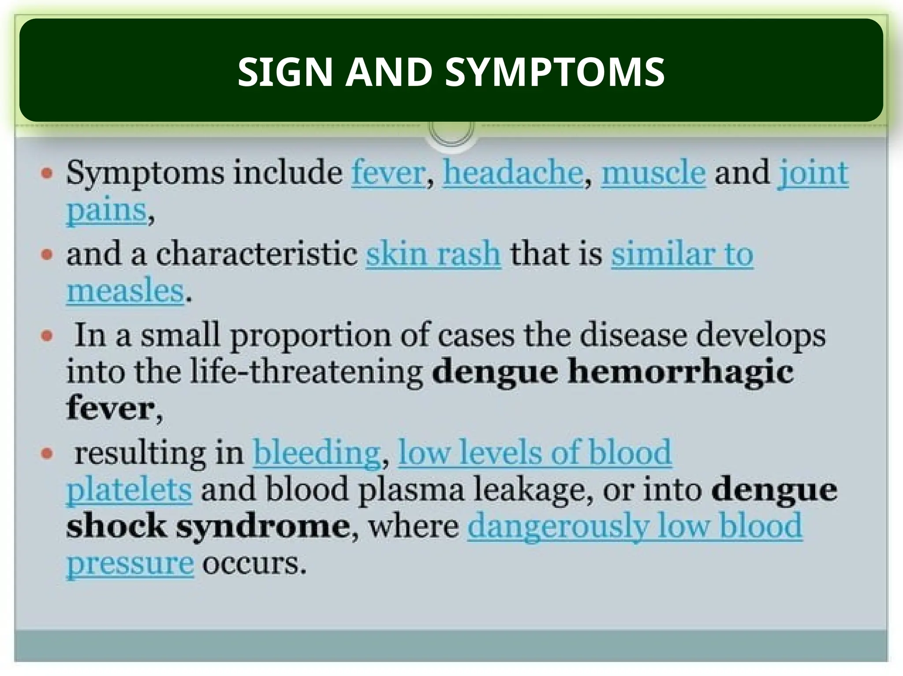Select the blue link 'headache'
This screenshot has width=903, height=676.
(x=513, y=172)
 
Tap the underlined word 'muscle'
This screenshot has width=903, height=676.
(x=653, y=172)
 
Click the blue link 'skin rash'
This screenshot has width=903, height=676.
(x=433, y=254)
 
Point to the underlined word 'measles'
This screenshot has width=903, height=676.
(x=125, y=291)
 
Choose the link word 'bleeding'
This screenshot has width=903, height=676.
(x=317, y=453)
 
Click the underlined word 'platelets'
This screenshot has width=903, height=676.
(x=129, y=490)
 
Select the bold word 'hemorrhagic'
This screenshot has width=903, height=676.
(x=680, y=371)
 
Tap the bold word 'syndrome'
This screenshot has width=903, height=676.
(x=263, y=526)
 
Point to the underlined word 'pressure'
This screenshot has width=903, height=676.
(x=130, y=563)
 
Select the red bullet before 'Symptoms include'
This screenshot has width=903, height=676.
(x=47, y=173)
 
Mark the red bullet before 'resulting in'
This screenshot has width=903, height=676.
(x=47, y=453)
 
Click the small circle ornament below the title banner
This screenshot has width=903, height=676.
(x=451, y=132)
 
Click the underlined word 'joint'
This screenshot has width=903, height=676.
(x=813, y=172)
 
